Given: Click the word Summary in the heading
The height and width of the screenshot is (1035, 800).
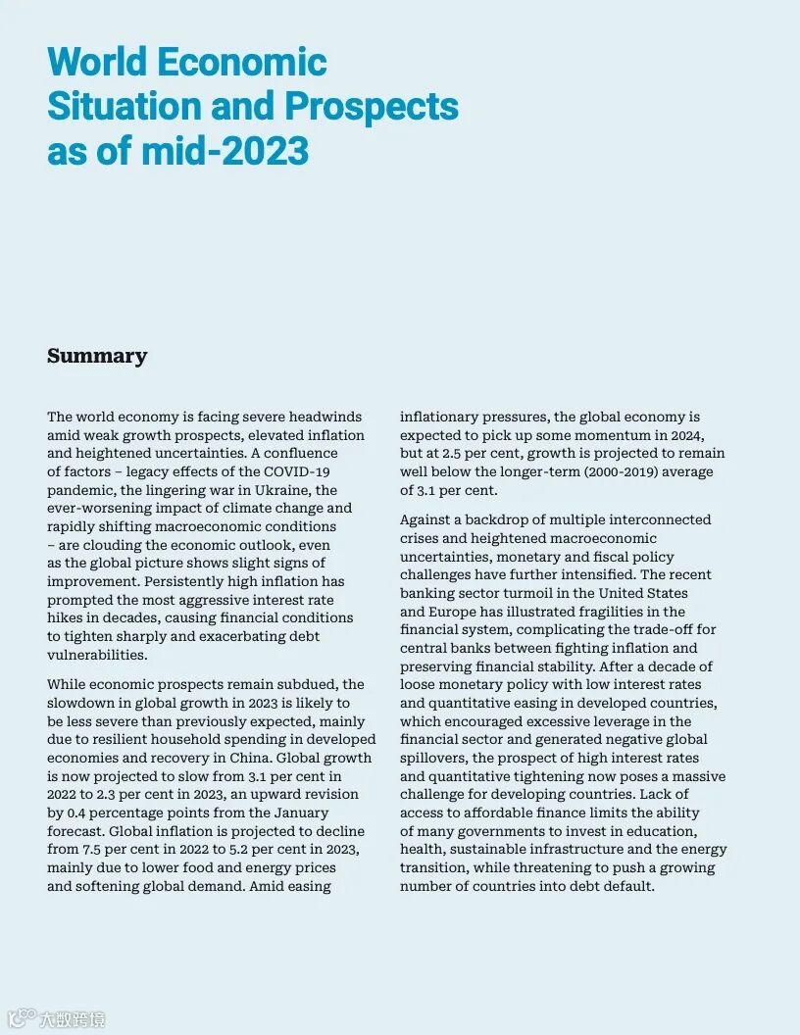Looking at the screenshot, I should pyautogui.click(x=97, y=356).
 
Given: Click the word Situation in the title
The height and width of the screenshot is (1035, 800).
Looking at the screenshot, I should pyautogui.click(x=122, y=106).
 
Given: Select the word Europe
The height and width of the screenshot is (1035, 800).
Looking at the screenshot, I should pyautogui.click(x=457, y=612).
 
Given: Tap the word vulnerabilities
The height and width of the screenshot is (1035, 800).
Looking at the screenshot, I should pyautogui.click(x=97, y=655).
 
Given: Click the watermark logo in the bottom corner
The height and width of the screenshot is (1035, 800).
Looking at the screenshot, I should pyautogui.click(x=22, y=1018).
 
